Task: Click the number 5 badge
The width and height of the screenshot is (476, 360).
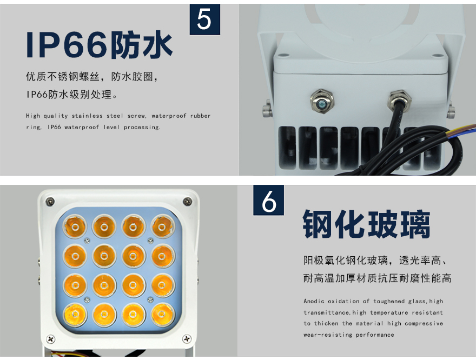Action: (205, 19)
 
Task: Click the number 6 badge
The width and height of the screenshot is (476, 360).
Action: (269, 200)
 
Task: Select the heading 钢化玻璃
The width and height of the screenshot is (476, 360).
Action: (366, 224)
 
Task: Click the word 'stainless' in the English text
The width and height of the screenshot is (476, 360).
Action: (87, 116)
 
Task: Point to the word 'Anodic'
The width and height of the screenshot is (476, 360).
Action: (314, 301)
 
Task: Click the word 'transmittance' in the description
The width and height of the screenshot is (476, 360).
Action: (327, 312)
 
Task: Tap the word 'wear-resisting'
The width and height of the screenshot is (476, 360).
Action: (328, 335)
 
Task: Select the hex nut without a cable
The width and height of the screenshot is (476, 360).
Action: (322, 101)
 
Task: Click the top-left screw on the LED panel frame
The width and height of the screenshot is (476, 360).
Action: (50, 201)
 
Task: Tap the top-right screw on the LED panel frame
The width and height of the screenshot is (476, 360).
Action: (188, 201)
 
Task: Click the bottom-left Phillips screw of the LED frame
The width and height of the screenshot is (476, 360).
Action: (51, 339)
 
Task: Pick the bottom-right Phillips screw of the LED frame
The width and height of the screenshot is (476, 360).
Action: (187, 338)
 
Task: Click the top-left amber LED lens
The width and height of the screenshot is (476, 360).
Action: (75, 226)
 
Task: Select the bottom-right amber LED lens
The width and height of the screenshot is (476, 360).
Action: (162, 314)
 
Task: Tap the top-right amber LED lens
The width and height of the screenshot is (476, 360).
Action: (162, 226)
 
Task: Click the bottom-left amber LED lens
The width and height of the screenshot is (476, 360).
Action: (75, 314)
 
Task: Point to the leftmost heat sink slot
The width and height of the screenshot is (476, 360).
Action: (287, 148)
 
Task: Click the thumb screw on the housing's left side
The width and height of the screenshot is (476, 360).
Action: (267, 109)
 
